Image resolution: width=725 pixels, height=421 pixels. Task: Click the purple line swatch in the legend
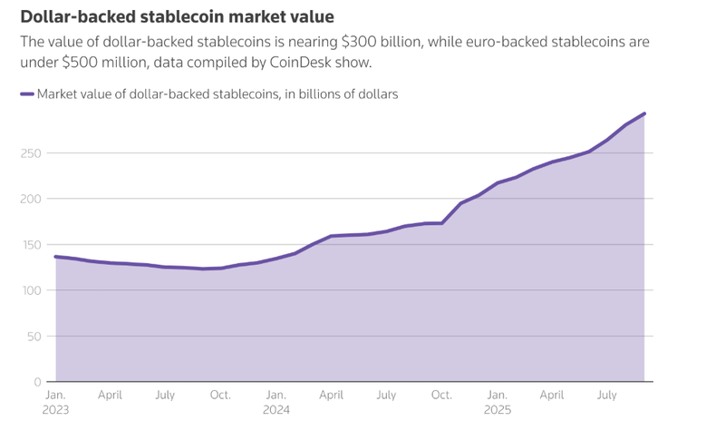point(26,93)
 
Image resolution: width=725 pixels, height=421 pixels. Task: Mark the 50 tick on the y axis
point(34,336)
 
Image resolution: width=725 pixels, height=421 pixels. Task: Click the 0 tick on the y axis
point(37,382)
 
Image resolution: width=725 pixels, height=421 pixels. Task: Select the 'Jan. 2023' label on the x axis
point(56,402)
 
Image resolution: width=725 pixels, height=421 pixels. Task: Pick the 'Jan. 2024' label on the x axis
point(276,402)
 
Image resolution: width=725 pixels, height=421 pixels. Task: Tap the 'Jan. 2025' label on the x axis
point(498,402)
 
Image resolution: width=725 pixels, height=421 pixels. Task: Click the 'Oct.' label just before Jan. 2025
point(441,396)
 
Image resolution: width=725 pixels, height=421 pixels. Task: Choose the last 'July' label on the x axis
point(607,396)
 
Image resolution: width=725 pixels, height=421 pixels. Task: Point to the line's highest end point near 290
point(644,113)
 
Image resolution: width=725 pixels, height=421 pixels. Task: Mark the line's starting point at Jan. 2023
point(56,257)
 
